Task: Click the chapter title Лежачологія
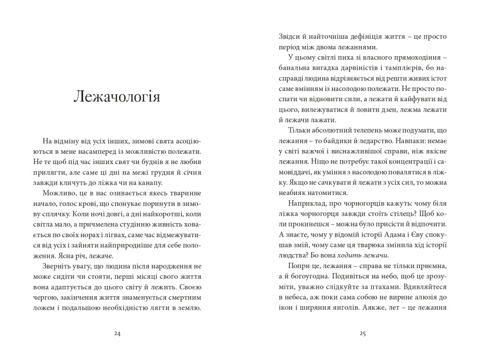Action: click(x=117, y=97)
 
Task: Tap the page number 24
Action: click(x=117, y=334)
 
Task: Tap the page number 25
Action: click(x=362, y=334)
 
